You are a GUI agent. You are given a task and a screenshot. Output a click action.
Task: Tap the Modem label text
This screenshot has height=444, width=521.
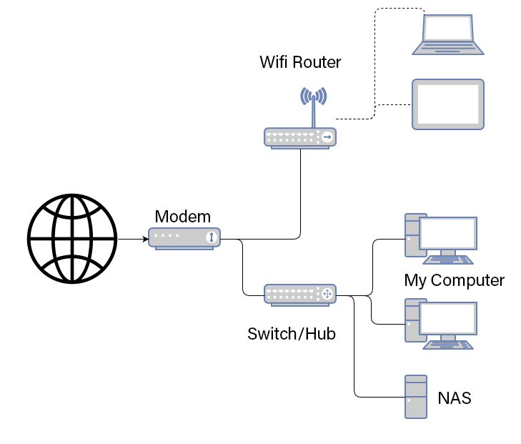click(x=183, y=217)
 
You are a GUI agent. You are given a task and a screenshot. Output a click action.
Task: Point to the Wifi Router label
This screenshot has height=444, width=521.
click(x=300, y=62)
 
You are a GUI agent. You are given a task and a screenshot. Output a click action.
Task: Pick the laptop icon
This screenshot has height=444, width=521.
click(x=447, y=35)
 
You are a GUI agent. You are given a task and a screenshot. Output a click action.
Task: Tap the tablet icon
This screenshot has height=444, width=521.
click(x=448, y=104)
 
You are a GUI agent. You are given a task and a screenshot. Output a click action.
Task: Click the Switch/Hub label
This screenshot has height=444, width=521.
click(x=291, y=333)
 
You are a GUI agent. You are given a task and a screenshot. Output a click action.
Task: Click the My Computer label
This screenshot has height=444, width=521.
click(x=454, y=280)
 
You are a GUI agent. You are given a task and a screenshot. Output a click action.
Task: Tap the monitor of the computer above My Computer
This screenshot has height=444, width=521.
click(x=448, y=234)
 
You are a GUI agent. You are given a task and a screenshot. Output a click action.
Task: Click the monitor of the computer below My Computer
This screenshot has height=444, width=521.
click(x=448, y=319)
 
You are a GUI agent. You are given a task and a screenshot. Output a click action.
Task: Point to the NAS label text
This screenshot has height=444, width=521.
click(x=455, y=398)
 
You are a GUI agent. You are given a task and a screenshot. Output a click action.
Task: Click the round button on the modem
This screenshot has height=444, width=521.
click(x=211, y=237)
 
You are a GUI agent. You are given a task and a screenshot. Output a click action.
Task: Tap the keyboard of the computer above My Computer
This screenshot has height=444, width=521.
click(x=449, y=260)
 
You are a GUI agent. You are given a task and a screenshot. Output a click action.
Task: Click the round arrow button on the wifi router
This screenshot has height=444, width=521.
click(x=327, y=137)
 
